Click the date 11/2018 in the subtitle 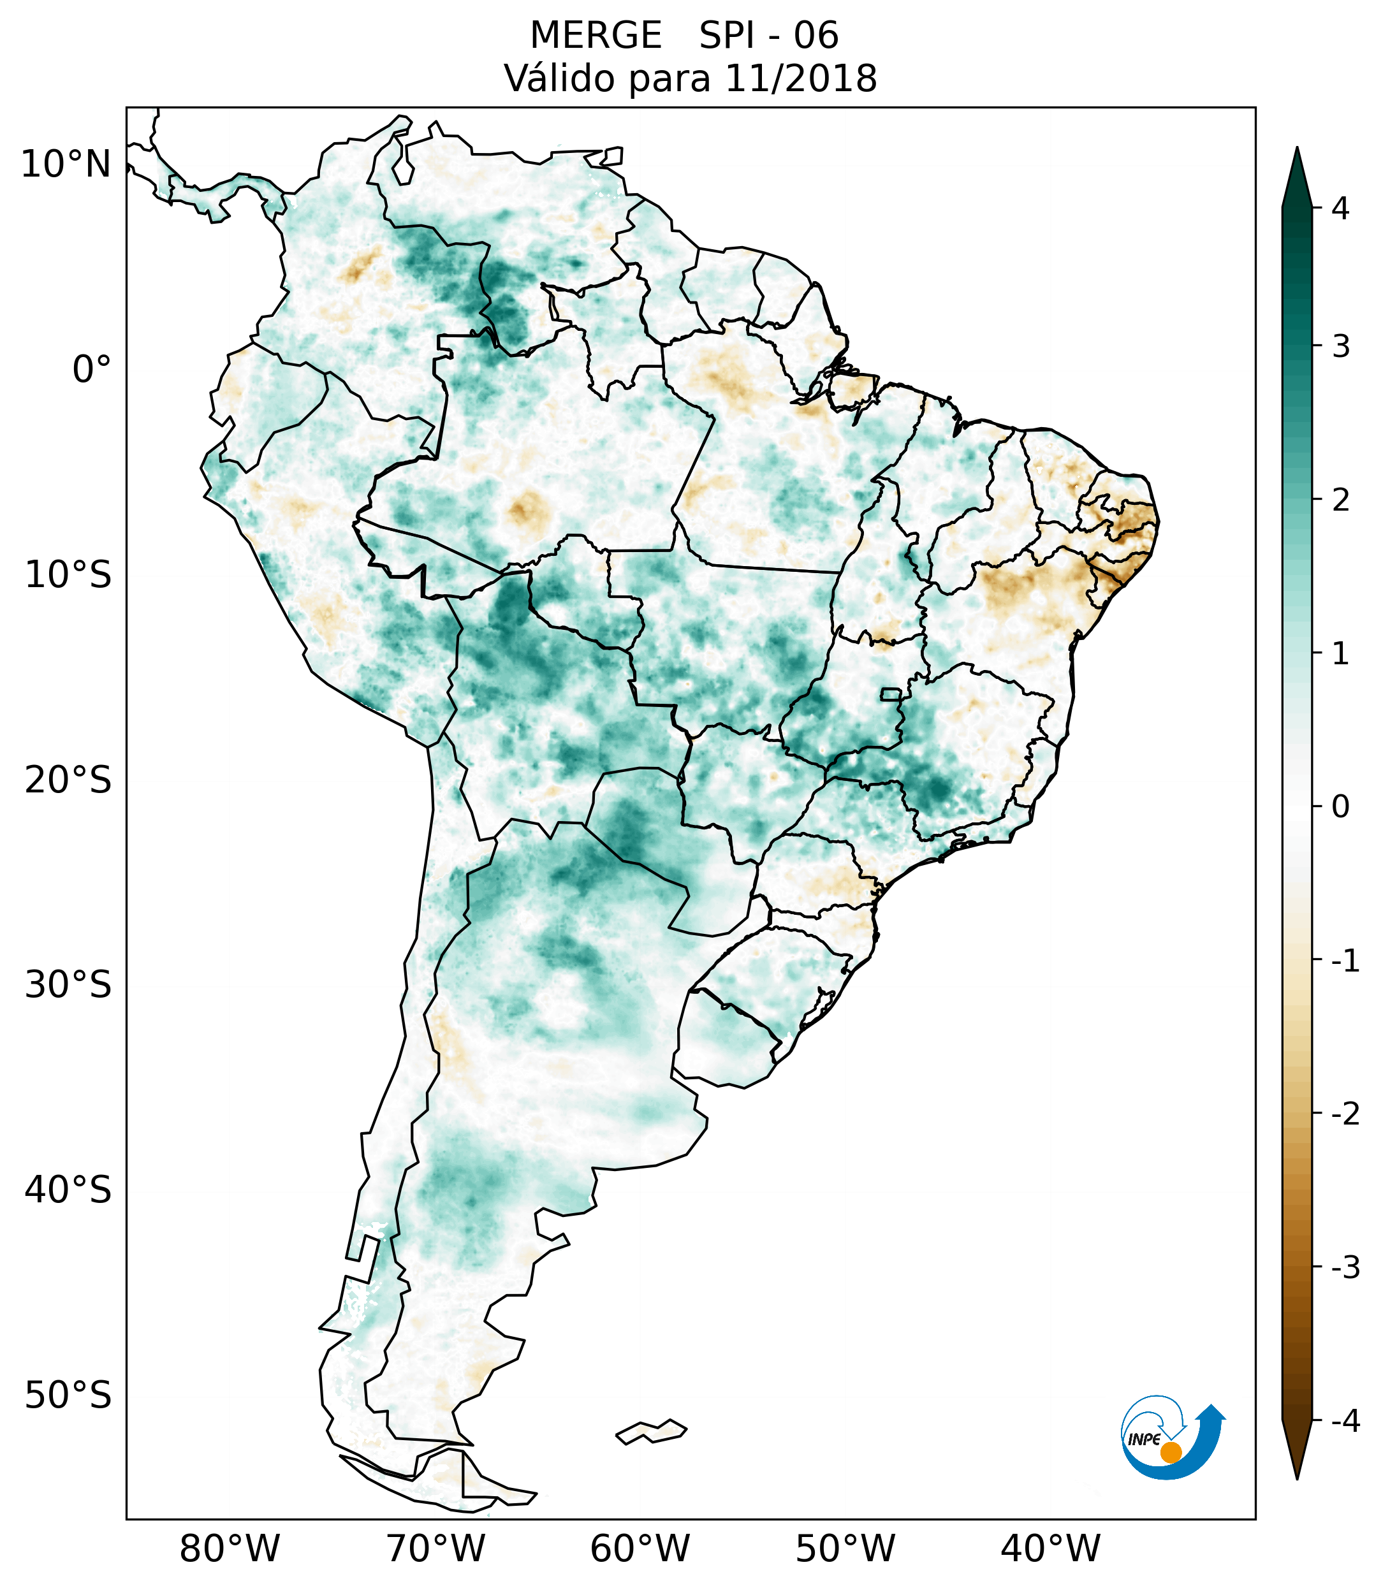pos(800,78)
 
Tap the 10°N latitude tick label pos(66,164)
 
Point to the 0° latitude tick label pos(92,370)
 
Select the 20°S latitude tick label pos(68,780)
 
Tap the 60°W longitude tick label pos(640,1548)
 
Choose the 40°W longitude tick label pos(1051,1548)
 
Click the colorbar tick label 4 pos(1340,208)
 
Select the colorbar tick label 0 pos(1340,807)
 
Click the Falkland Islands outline pos(651,1431)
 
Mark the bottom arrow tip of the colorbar pos(1296,1477)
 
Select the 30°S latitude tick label pos(68,985)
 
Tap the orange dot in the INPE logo pos(1170,1452)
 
